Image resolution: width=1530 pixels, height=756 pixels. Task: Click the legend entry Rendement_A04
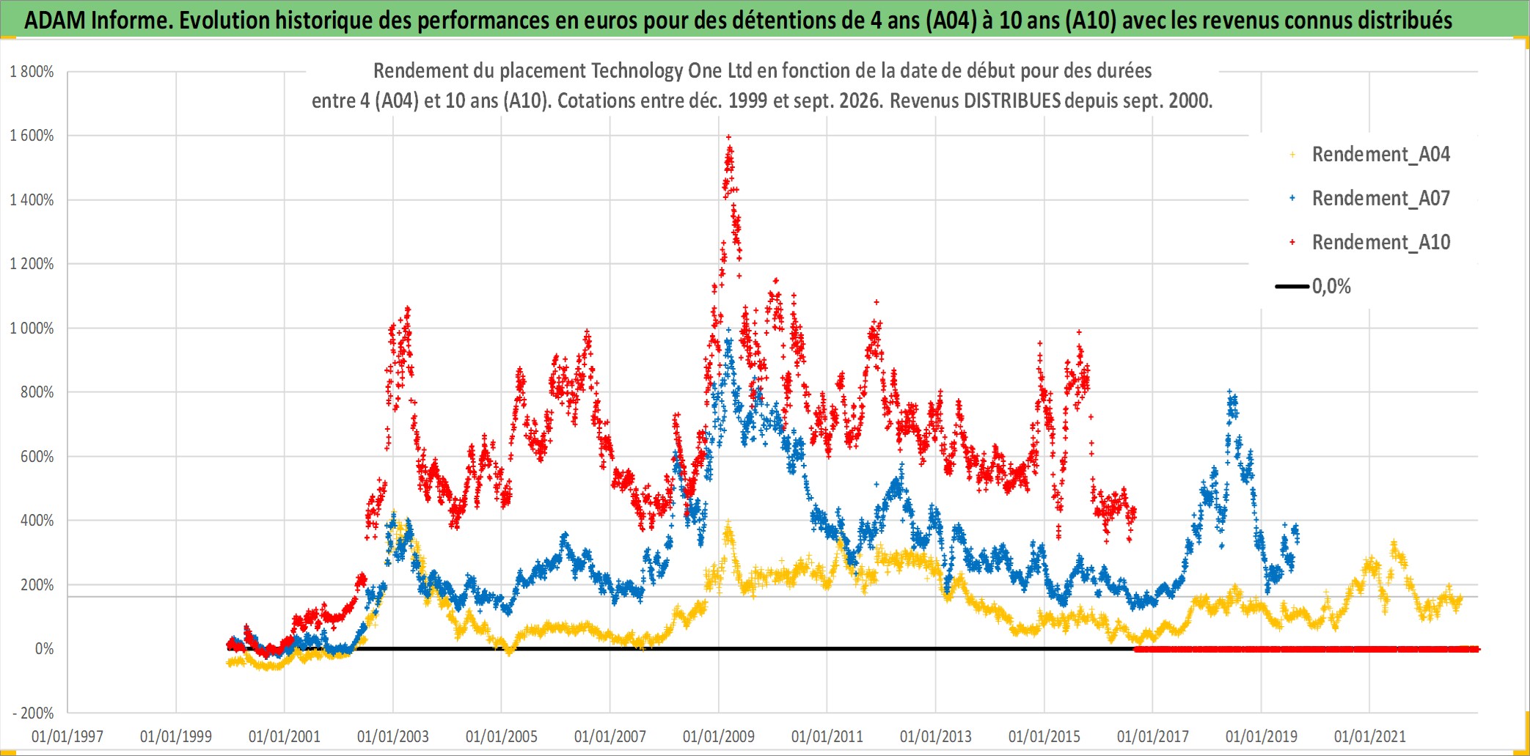click(x=1380, y=155)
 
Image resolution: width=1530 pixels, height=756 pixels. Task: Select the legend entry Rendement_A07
click(x=1380, y=199)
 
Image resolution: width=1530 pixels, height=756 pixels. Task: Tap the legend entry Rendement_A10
click(x=1380, y=243)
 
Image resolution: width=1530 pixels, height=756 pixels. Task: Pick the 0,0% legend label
click(x=1331, y=287)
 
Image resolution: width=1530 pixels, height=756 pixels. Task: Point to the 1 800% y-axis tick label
click(x=32, y=72)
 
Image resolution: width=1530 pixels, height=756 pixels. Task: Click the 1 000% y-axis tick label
click(x=32, y=329)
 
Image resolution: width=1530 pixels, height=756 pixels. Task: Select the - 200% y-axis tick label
click(x=34, y=713)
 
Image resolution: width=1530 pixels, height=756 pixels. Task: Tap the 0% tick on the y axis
click(x=44, y=649)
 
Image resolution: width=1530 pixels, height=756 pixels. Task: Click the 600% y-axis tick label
click(x=37, y=457)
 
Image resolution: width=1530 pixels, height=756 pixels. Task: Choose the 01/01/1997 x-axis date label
click(x=67, y=736)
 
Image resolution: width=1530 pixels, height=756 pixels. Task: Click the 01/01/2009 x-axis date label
click(x=719, y=736)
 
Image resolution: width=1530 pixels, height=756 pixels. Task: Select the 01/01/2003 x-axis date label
click(x=393, y=736)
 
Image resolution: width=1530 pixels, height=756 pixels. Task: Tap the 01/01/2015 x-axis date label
click(x=1044, y=736)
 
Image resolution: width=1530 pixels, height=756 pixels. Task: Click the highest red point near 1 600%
click(x=728, y=136)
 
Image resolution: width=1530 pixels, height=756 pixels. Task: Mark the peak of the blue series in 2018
click(x=1230, y=392)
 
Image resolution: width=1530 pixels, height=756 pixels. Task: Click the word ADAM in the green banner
click(x=55, y=21)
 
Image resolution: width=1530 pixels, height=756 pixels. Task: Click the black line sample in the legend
click(x=1292, y=287)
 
